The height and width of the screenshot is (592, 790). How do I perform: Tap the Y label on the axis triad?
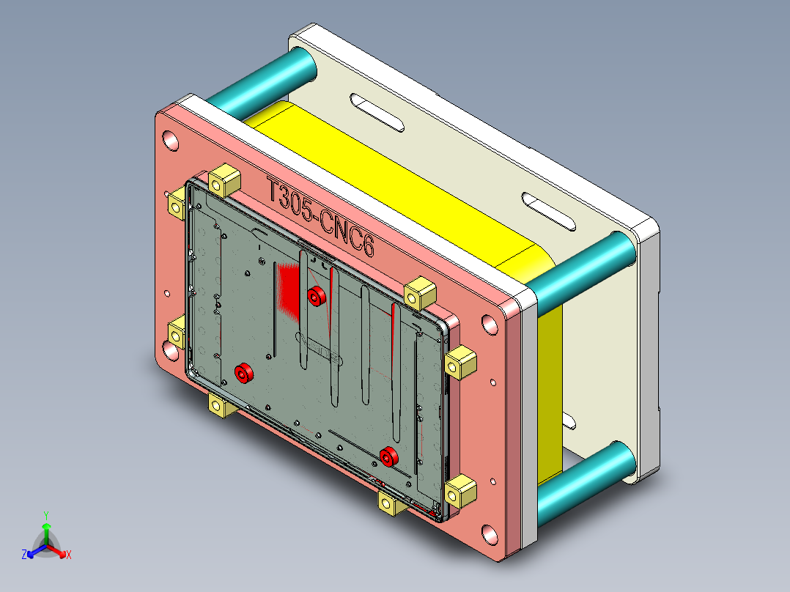pos(45,515)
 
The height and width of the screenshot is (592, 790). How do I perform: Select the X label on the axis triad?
pos(69,555)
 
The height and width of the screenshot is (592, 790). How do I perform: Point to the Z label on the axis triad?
pos(24,555)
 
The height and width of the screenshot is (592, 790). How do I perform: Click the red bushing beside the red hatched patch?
pos(317,296)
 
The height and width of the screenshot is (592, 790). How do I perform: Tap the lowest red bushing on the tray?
pos(388,456)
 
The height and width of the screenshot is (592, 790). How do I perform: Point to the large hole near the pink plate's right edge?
pos(487,325)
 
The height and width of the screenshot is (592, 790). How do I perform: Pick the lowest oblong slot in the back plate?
pos(569,421)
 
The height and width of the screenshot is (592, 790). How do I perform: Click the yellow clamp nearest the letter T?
pos(224,180)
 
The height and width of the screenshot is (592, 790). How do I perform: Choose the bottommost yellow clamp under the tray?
pos(389,505)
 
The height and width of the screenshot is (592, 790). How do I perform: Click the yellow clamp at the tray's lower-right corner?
pos(460,490)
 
